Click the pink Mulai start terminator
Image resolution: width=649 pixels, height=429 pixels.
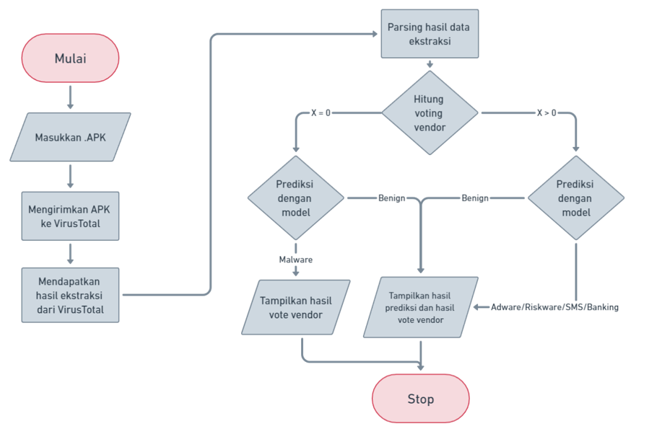70,58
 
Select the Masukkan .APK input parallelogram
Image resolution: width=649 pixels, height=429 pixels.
70,137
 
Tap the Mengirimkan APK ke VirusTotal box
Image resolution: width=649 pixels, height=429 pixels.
70,216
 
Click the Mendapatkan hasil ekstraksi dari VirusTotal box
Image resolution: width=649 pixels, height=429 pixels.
70,294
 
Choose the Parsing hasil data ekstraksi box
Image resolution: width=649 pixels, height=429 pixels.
430,34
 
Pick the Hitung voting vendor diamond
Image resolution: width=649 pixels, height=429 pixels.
430,112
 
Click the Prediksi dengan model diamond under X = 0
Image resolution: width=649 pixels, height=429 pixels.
295,197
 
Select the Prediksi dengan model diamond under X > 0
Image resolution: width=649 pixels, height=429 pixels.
575,197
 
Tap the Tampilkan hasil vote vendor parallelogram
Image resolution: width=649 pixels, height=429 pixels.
295,307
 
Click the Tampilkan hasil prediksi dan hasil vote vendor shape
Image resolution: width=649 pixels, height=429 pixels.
421,307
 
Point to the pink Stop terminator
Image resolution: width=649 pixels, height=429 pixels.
421,399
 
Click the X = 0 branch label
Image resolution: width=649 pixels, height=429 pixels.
321,113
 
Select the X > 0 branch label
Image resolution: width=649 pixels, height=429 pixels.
546,113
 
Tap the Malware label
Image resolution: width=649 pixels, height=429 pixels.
295,260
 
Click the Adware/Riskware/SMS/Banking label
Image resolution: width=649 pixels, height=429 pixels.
554,307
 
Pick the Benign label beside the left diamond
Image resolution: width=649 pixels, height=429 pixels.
391,198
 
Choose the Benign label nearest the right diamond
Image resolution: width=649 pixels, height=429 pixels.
475,198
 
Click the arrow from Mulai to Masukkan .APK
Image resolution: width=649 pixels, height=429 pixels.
70,97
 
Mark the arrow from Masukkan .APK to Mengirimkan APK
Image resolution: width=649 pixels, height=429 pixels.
70,176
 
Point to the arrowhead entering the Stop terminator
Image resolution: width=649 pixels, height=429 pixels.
421,368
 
